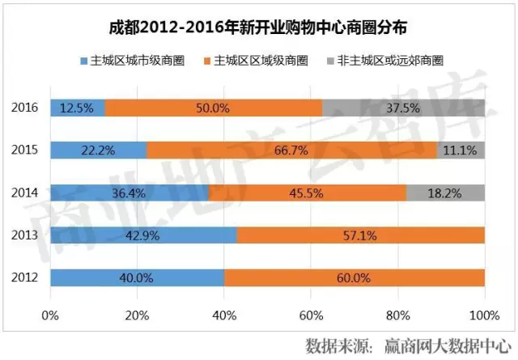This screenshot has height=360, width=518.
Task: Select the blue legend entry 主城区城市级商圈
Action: [x=138, y=60]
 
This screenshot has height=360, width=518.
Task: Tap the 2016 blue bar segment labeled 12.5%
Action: [x=78, y=107]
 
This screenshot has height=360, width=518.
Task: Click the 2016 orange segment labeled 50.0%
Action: [x=214, y=107]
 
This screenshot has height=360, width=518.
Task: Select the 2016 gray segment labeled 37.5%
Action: [x=403, y=107]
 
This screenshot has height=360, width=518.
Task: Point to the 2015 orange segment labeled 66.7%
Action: [x=292, y=150]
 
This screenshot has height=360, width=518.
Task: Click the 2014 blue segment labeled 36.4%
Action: [x=129, y=193]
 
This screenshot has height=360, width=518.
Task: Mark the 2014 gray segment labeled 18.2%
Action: [x=446, y=193]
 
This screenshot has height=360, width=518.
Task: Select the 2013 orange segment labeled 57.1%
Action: [x=361, y=235]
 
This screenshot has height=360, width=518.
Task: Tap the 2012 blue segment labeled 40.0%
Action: [x=137, y=277]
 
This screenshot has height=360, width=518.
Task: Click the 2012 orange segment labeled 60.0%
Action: [x=355, y=277]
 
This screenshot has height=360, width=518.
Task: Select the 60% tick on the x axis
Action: [x=311, y=314]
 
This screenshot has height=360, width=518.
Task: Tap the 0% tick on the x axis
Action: [x=50, y=314]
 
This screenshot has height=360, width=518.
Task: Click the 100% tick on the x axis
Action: [x=484, y=314]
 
